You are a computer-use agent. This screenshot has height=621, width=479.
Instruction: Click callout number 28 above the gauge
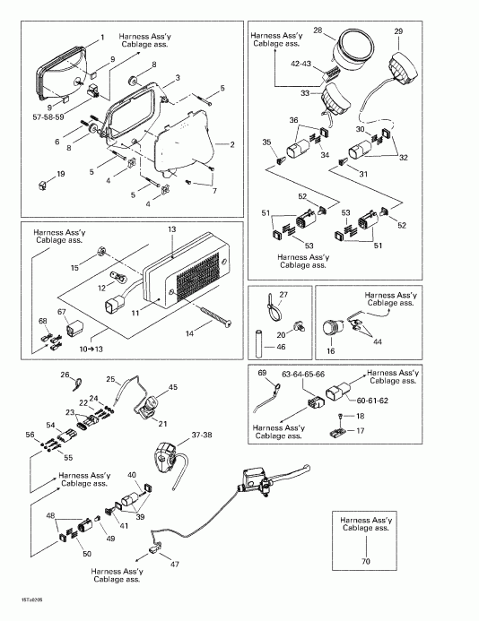coord(318,30)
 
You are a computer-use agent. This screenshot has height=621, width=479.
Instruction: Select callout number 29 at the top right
coord(398,32)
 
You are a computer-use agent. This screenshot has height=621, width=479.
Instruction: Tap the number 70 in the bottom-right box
coord(364,562)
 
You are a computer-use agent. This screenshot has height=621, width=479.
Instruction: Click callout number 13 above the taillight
coord(170,230)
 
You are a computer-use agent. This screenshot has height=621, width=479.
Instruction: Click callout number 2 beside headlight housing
coord(231,144)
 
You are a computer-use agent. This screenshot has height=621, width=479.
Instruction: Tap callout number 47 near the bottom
coord(175,565)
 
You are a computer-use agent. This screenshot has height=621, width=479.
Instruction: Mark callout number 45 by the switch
coord(173,387)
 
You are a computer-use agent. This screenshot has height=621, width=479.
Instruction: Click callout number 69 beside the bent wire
coord(263,371)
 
